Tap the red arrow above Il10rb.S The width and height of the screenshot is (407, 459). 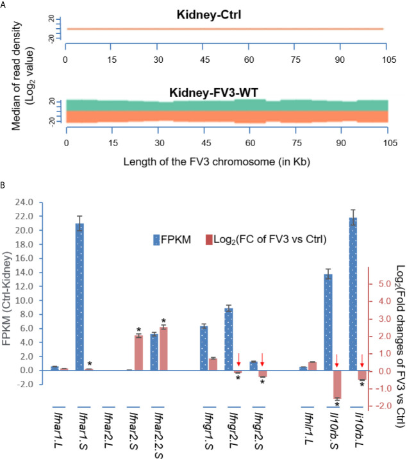[337, 357]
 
